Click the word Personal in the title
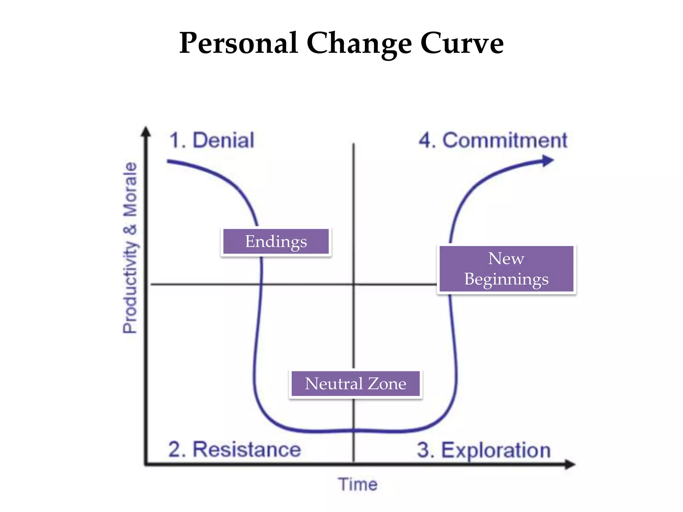[x=238, y=43]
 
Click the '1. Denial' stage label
[x=212, y=140]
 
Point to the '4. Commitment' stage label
[x=493, y=140]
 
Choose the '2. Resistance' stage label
[x=234, y=449]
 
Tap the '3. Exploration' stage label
[x=484, y=450]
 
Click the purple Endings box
[x=276, y=242]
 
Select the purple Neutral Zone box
[x=356, y=384]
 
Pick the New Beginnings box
[x=506, y=269]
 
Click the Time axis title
[x=358, y=484]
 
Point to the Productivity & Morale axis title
[x=130, y=247]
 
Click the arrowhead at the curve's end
[x=548, y=161]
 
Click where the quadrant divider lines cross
[x=354, y=284]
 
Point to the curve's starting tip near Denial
[x=169, y=162]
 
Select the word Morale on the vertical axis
[x=130, y=189]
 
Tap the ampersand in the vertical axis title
[x=130, y=229]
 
